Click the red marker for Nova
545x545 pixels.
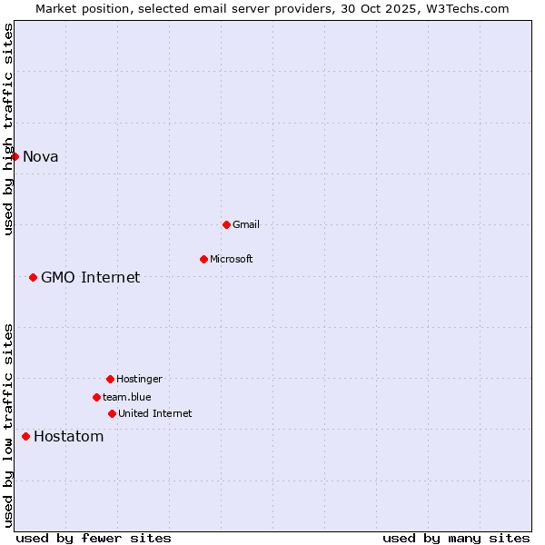(x=15, y=156)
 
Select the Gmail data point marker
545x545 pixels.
(x=226, y=224)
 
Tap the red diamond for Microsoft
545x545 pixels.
(x=203, y=259)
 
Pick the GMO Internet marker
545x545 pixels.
(x=33, y=277)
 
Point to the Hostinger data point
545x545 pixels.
(x=110, y=379)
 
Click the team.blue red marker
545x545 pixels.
(x=96, y=397)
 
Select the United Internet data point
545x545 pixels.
(x=112, y=413)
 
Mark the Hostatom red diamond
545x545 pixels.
(x=25, y=436)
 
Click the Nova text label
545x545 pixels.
(x=41, y=156)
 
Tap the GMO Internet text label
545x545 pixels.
(x=91, y=277)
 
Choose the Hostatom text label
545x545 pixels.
(x=69, y=436)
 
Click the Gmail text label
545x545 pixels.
(x=246, y=224)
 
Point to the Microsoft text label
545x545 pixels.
(x=232, y=259)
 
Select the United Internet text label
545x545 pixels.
(x=155, y=413)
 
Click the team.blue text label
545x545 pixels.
(x=127, y=397)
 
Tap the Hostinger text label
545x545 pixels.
(x=139, y=379)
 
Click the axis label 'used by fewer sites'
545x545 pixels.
(x=94, y=538)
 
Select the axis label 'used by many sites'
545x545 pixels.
(x=456, y=538)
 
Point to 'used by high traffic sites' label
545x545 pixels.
(x=8, y=129)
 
